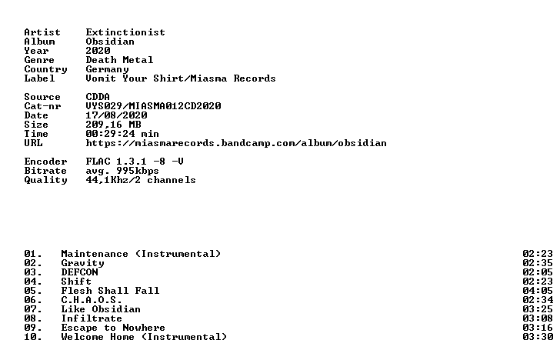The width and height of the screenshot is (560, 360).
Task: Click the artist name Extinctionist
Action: point(125,32)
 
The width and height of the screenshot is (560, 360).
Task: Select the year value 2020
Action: point(98,51)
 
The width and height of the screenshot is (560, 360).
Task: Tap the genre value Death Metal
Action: point(119,60)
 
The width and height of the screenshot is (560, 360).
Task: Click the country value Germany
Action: point(107,70)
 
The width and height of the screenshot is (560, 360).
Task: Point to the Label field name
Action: point(39,78)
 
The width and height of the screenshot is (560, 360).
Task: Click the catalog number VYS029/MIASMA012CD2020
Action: point(153,106)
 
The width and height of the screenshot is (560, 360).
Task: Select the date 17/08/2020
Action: point(116,115)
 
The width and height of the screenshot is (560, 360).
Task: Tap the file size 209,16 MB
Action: point(113,125)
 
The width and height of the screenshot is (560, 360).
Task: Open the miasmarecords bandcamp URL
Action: point(236,143)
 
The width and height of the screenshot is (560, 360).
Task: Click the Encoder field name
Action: point(45,162)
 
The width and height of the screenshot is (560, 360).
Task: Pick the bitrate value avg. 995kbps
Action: point(122,171)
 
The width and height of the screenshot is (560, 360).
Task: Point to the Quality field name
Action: point(45,180)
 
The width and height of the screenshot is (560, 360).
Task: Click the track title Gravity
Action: point(82,263)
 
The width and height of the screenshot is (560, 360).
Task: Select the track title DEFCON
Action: point(79,272)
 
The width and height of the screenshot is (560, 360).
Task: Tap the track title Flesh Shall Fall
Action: point(110,291)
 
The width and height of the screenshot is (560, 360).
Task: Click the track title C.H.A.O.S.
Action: point(92,300)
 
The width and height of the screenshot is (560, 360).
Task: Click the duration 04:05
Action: point(538,291)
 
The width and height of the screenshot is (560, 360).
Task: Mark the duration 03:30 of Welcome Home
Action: point(538,337)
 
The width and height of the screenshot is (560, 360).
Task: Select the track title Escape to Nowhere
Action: point(113,328)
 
